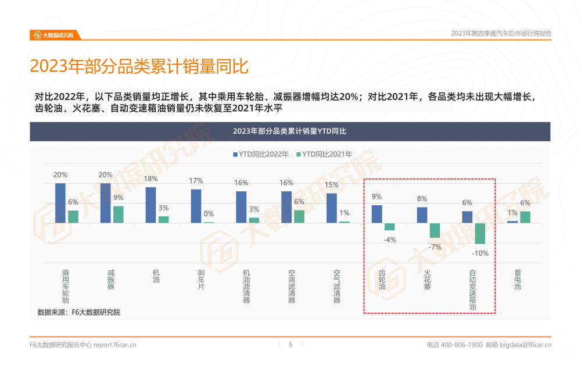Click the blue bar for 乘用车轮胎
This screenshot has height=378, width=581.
coord(60,203)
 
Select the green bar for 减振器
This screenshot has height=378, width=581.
coord(119,214)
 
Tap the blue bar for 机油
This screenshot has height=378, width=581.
coord(150,205)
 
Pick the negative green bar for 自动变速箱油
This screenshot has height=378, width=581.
coord(480,233)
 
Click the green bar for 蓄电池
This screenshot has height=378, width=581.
coord(525,217)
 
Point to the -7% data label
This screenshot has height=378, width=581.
coord(435,247)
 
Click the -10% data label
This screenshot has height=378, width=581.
coord(480,253)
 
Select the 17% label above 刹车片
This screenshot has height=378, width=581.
coord(196,181)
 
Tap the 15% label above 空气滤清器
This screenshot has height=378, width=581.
coord(332,185)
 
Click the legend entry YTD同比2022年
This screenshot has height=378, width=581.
coord(261,154)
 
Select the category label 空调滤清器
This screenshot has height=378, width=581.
coord(292,286)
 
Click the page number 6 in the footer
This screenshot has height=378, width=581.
coord(290,344)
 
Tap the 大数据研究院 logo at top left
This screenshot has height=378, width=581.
coord(55,35)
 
